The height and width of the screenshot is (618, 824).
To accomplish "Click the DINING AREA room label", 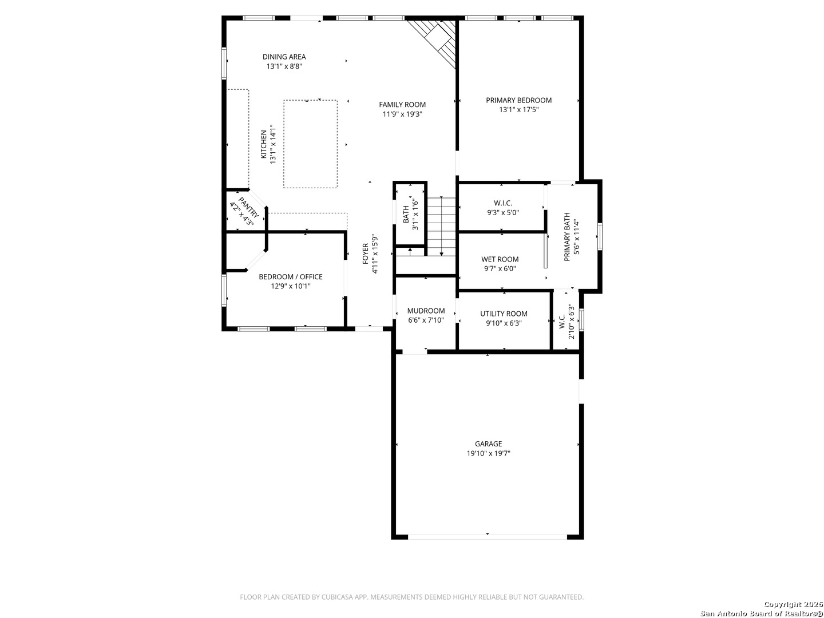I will click(x=284, y=57).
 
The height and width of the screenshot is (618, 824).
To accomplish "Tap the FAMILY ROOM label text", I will click(x=402, y=104).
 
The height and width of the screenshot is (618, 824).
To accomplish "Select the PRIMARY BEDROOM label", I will click(x=518, y=100).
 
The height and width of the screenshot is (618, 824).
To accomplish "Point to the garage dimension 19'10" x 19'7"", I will click(x=488, y=453).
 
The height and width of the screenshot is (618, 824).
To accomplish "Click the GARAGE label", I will click(x=488, y=443).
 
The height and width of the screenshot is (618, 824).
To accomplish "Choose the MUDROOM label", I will click(x=426, y=311).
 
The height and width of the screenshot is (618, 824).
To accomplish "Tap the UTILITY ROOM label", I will click(x=504, y=314).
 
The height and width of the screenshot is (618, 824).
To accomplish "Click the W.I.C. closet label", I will click(x=503, y=203).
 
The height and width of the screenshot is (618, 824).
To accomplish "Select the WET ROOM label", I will click(x=500, y=259).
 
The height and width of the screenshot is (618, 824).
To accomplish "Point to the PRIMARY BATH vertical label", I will click(x=567, y=237).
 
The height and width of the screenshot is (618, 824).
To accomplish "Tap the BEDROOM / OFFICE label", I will click(x=290, y=276).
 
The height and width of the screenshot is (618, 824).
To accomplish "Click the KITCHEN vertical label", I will click(x=264, y=144).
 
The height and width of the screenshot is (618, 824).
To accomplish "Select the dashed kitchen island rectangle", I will click(x=310, y=144).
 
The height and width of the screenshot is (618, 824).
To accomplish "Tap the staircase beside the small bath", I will click(x=441, y=226).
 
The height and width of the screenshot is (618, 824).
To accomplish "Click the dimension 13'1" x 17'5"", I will click(x=518, y=109).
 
